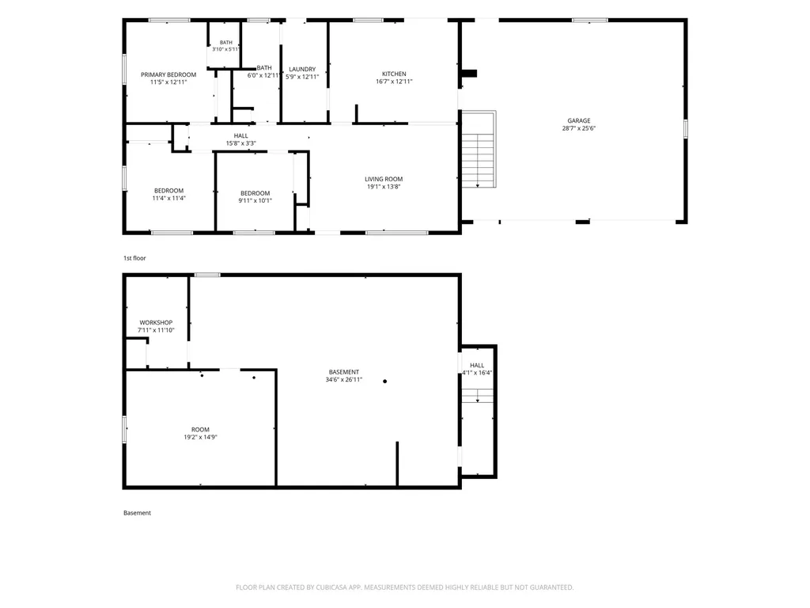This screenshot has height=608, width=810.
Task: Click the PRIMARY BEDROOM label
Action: pyautogui.click(x=168, y=74)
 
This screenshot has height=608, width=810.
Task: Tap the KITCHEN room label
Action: pyautogui.click(x=394, y=74)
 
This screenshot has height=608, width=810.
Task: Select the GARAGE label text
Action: pyautogui.click(x=578, y=120)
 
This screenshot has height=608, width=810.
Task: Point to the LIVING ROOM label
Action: pyautogui.click(x=384, y=179)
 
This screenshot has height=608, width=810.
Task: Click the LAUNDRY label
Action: pyautogui.click(x=302, y=70)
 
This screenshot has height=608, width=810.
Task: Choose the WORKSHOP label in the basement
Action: pyautogui.click(x=156, y=323)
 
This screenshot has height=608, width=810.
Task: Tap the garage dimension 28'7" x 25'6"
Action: pyautogui.click(x=578, y=128)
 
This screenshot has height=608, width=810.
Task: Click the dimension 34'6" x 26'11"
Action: pyautogui.click(x=344, y=379)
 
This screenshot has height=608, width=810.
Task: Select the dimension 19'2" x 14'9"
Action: pyautogui.click(x=200, y=437)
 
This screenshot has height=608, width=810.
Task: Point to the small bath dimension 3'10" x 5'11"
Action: pyautogui.click(x=225, y=49)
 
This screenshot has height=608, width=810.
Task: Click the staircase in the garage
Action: pyautogui.click(x=479, y=149)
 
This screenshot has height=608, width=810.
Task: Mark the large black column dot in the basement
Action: pyautogui.click(x=385, y=381)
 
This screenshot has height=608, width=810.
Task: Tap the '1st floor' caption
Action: pyautogui.click(x=134, y=258)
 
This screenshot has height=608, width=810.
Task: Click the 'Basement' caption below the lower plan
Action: pyautogui.click(x=138, y=513)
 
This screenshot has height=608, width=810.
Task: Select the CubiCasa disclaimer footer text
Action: pyautogui.click(x=404, y=587)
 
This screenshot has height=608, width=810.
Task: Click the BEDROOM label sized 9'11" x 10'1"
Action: pyautogui.click(x=255, y=193)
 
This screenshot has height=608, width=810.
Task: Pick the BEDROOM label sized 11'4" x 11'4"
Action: pyautogui.click(x=169, y=191)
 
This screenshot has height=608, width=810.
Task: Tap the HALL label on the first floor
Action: pyautogui.click(x=240, y=136)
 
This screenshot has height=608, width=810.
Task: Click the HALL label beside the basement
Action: pyautogui.click(x=477, y=366)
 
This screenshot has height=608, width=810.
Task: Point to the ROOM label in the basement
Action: pyautogui.click(x=200, y=430)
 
